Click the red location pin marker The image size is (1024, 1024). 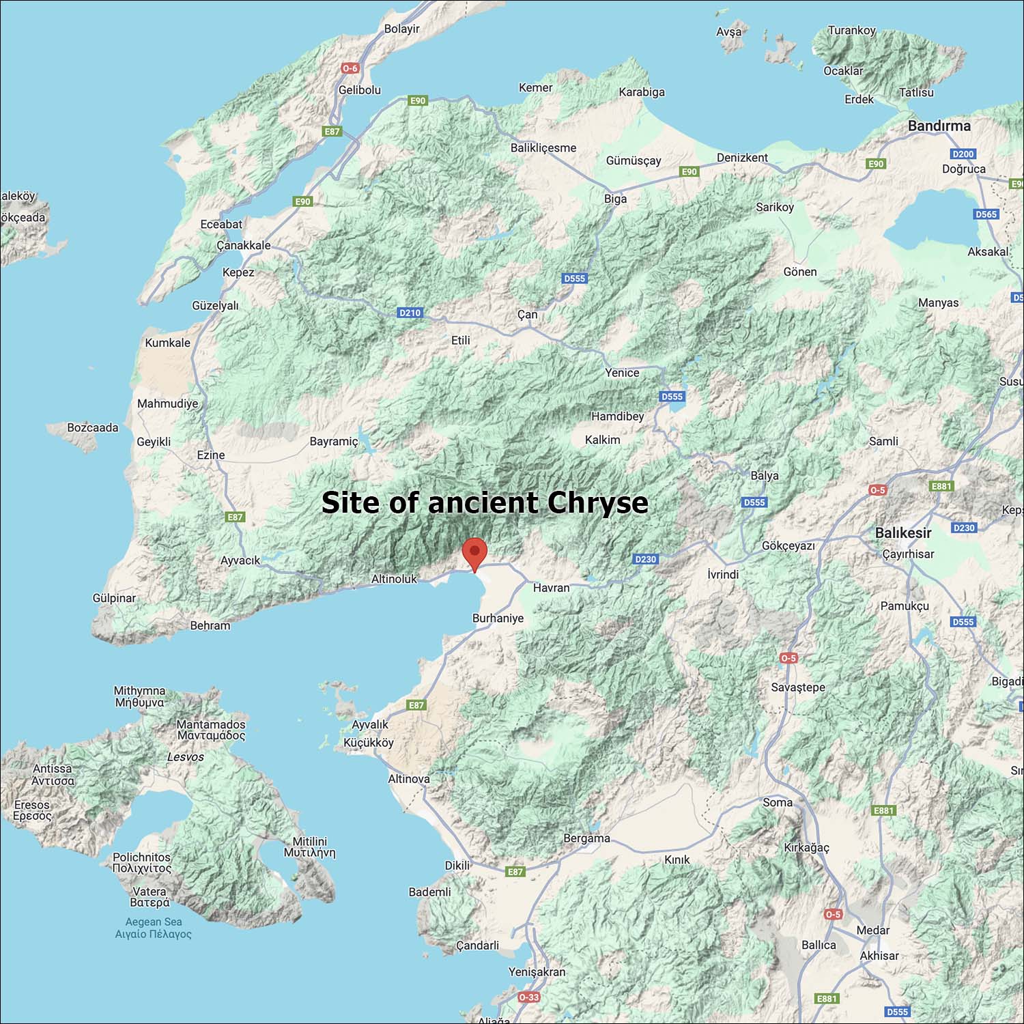coord(474,552)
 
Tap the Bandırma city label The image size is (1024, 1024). coord(939,126)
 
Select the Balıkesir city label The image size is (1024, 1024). coord(902,532)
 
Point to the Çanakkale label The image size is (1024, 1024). coord(244,245)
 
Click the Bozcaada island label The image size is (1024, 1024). coord(93,428)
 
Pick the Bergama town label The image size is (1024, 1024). coord(586,838)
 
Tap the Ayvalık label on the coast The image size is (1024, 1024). coord(370,724)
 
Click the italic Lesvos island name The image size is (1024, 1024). coord(185,757)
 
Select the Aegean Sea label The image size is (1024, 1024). coord(154,922)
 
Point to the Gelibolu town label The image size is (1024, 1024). coord(360,90)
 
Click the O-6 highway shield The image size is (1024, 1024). coord(350,68)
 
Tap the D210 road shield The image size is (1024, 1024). coord(410,313)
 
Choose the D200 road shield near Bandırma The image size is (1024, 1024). coord(963,154)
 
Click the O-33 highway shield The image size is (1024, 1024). coord(528,997)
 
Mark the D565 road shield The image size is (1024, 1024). coord(986,214)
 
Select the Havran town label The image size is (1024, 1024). coord(551,588)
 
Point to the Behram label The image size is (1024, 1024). coord(210,625)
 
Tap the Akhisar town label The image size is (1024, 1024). coord(879,956)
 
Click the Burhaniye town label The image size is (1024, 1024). coord(498,618)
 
